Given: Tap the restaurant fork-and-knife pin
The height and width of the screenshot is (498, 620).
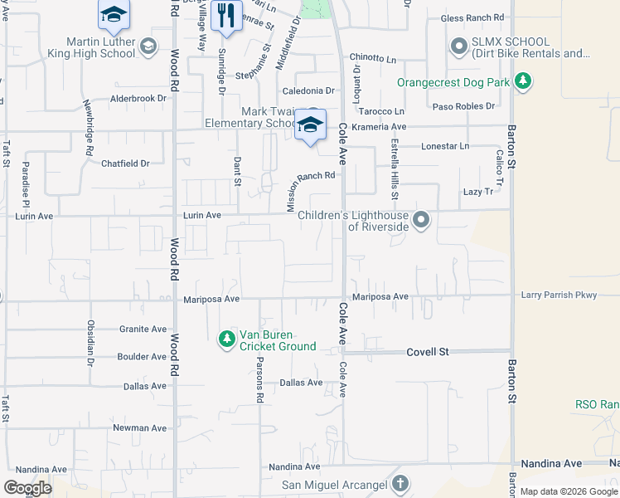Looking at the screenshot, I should [225, 15].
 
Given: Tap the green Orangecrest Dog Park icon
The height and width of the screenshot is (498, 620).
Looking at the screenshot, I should [522, 81].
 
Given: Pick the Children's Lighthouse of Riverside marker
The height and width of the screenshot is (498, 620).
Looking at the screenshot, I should [421, 220].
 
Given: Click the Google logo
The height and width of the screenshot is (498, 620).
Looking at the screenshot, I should [27, 487].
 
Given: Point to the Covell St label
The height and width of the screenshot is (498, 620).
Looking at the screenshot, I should [427, 352].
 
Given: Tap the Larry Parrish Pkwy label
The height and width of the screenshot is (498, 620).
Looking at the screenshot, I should [559, 295].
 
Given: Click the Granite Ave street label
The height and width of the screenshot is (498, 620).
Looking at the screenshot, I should [142, 329].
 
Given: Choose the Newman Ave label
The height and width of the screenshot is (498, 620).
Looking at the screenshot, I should [140, 428].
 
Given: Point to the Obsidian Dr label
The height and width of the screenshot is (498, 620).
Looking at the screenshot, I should [90, 343].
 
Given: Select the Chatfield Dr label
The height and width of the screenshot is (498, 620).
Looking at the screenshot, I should [125, 164].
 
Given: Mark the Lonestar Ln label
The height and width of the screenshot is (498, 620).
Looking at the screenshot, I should [445, 146].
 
